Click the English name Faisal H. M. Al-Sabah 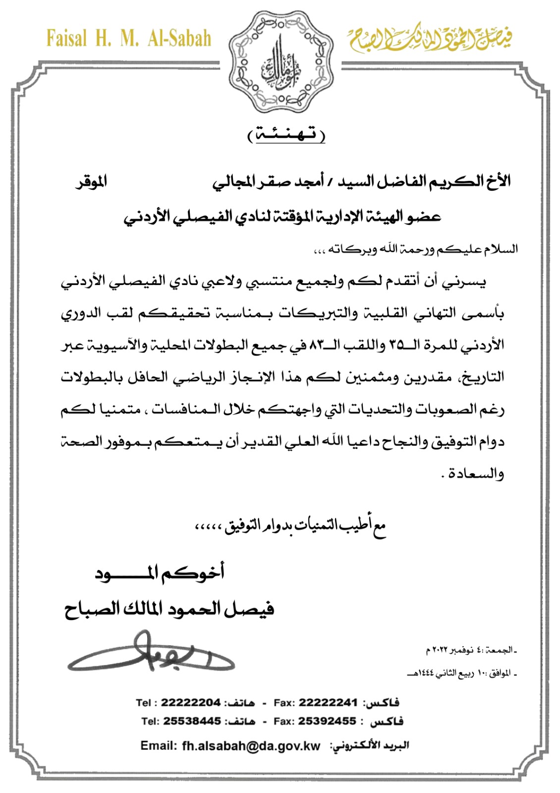tap(129, 39)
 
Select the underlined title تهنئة tap(286, 135)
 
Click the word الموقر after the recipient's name tap(91, 181)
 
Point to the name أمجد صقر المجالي tap(268, 182)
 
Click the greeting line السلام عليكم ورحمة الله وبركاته tap(416, 249)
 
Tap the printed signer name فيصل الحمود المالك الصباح tap(169, 608)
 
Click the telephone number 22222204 tap(190, 703)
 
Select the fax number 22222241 tap(328, 703)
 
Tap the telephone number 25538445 tap(192, 721)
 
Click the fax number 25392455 tap(327, 721)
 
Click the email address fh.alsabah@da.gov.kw tap(251, 745)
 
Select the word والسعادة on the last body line tap(476, 474)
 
